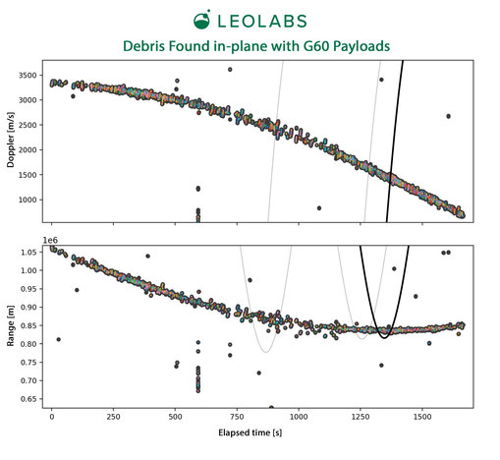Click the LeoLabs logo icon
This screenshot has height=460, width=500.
(x=201, y=20)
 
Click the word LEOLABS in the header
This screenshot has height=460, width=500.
(x=262, y=22)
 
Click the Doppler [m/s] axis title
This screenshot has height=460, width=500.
(x=11, y=140)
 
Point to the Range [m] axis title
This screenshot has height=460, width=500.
(x=11, y=325)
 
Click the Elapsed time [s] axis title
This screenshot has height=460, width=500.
(x=250, y=432)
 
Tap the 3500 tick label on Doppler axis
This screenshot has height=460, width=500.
(x=28, y=76)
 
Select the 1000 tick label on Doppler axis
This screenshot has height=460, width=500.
(x=28, y=200)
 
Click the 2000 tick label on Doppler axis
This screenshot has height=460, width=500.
(x=28, y=150)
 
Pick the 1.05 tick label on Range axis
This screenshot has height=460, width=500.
(x=28, y=253)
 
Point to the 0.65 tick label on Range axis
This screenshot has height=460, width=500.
(x=28, y=399)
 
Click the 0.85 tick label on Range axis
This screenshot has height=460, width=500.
(x=28, y=325)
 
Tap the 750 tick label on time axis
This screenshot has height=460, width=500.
(x=237, y=417)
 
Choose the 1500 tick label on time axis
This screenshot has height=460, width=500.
(x=422, y=417)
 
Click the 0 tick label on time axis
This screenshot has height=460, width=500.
(x=51, y=417)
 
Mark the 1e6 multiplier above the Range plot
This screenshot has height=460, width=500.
(x=50, y=240)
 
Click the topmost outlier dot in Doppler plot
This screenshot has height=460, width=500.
(x=230, y=70)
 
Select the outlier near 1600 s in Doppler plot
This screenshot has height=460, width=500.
(x=448, y=116)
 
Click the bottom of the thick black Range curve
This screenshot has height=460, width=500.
(x=384, y=338)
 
